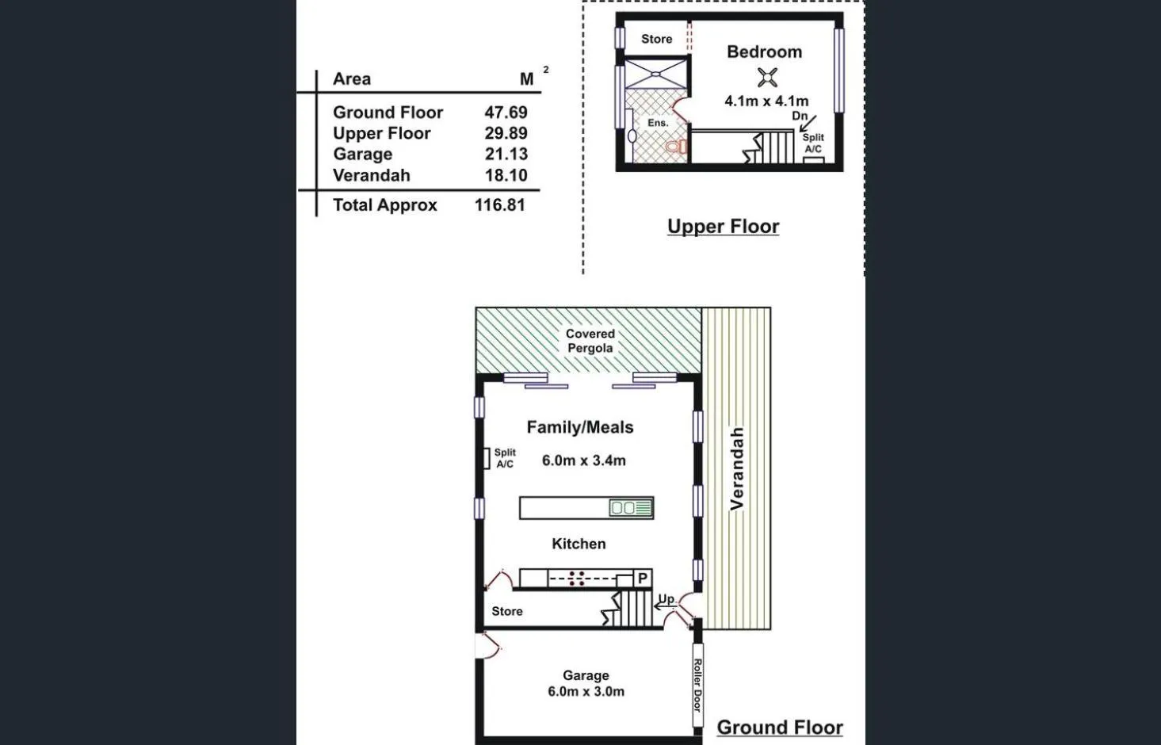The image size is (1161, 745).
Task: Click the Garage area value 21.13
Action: point(506,155)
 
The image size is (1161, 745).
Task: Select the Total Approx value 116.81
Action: point(499,205)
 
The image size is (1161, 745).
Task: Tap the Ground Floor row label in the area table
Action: point(388,113)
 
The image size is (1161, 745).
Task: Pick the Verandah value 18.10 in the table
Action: point(506,176)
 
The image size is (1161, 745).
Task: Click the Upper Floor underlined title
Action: point(723,227)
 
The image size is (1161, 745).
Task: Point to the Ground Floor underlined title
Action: point(779,728)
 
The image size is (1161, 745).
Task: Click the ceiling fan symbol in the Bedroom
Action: point(766,78)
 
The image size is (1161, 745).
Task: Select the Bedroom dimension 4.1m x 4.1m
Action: point(766,101)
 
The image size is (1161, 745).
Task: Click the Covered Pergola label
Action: point(590,341)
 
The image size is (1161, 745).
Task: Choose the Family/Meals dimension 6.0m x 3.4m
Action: point(583,460)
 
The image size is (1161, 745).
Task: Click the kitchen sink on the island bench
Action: point(623,508)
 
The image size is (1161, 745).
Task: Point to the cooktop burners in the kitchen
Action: point(576,579)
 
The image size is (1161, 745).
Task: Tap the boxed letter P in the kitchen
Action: point(643,579)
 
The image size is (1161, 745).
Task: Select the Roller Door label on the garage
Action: point(697,685)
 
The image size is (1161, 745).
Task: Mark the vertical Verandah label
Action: point(737,468)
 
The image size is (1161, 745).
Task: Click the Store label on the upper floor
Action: point(656,39)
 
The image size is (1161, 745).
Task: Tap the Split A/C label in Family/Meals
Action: point(505,458)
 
